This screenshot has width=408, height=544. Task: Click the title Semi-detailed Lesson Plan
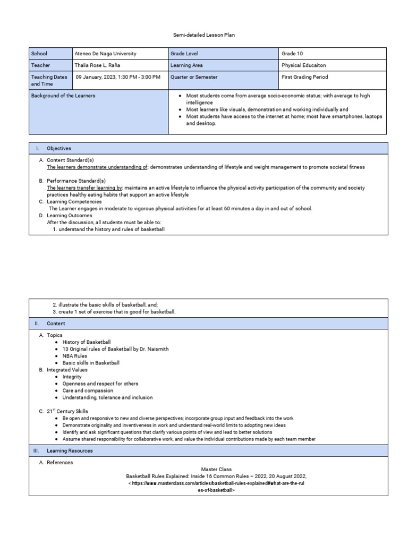[x=204, y=35]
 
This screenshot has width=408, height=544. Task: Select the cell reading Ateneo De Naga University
[x=105, y=54]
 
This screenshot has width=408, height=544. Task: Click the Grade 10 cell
[x=292, y=54]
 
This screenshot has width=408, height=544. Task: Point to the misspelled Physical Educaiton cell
[x=304, y=65]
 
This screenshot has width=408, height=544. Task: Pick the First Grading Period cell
[x=304, y=77]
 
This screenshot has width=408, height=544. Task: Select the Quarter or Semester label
[x=194, y=77]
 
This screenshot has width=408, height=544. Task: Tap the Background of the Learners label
[x=63, y=96]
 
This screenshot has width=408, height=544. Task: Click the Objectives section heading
[x=58, y=148]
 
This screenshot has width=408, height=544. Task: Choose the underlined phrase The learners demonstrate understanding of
[x=97, y=167]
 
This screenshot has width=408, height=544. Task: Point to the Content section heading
[x=56, y=323]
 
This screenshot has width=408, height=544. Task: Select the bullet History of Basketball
[x=87, y=342]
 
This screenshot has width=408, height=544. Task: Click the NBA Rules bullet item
[x=74, y=356]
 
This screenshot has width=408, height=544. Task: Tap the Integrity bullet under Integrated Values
[x=72, y=377]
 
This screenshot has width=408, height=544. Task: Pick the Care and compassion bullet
[x=85, y=390]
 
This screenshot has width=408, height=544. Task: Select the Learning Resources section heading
[x=70, y=450]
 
